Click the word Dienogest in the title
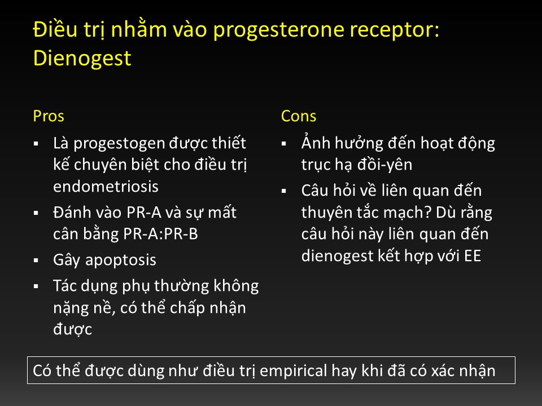[x=82, y=58]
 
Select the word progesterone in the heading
[x=278, y=30]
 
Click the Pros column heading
[x=49, y=116]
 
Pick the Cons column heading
[x=299, y=116]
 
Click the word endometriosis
[x=106, y=187]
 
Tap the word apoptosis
[x=121, y=261]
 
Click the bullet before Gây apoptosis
[x=36, y=261]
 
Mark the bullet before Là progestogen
[x=36, y=144]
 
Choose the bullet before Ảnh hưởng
[x=284, y=144]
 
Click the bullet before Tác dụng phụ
[x=36, y=286]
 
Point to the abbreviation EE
[x=473, y=256]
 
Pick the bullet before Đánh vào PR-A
[x=36, y=213]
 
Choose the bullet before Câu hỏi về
[x=284, y=191]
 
